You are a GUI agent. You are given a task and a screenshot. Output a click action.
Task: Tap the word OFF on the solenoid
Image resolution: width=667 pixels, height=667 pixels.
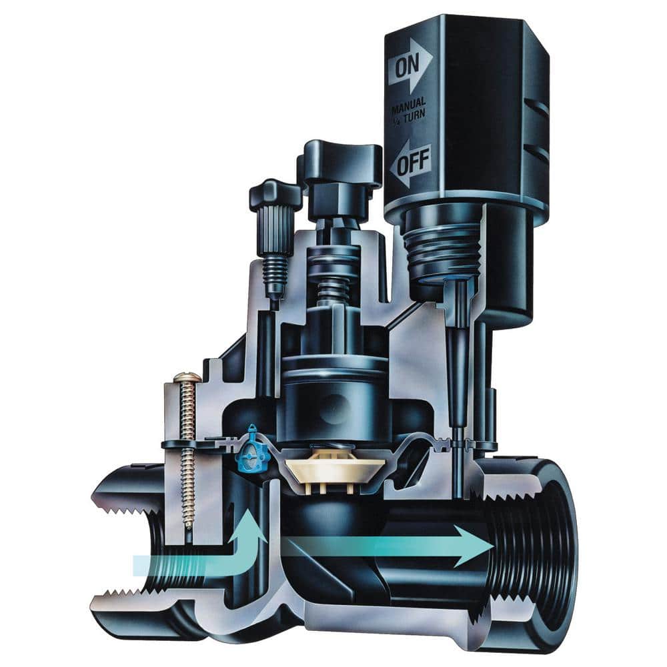coord(414,163)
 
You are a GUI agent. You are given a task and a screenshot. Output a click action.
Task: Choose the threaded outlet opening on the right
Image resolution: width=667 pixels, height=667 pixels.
coord(534,547)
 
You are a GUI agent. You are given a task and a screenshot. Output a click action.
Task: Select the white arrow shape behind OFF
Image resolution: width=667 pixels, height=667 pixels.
coord(411,163)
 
